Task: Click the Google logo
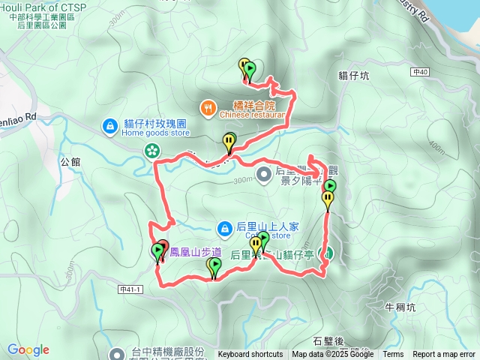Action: (28, 349)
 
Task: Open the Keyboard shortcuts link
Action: (250, 355)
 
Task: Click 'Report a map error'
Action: (444, 355)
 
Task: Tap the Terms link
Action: (393, 355)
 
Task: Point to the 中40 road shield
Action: (420, 72)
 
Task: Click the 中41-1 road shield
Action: (130, 289)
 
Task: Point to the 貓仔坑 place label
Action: (354, 75)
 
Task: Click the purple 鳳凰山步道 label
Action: (196, 253)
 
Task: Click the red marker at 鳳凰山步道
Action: (162, 247)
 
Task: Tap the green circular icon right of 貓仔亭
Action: (328, 253)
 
